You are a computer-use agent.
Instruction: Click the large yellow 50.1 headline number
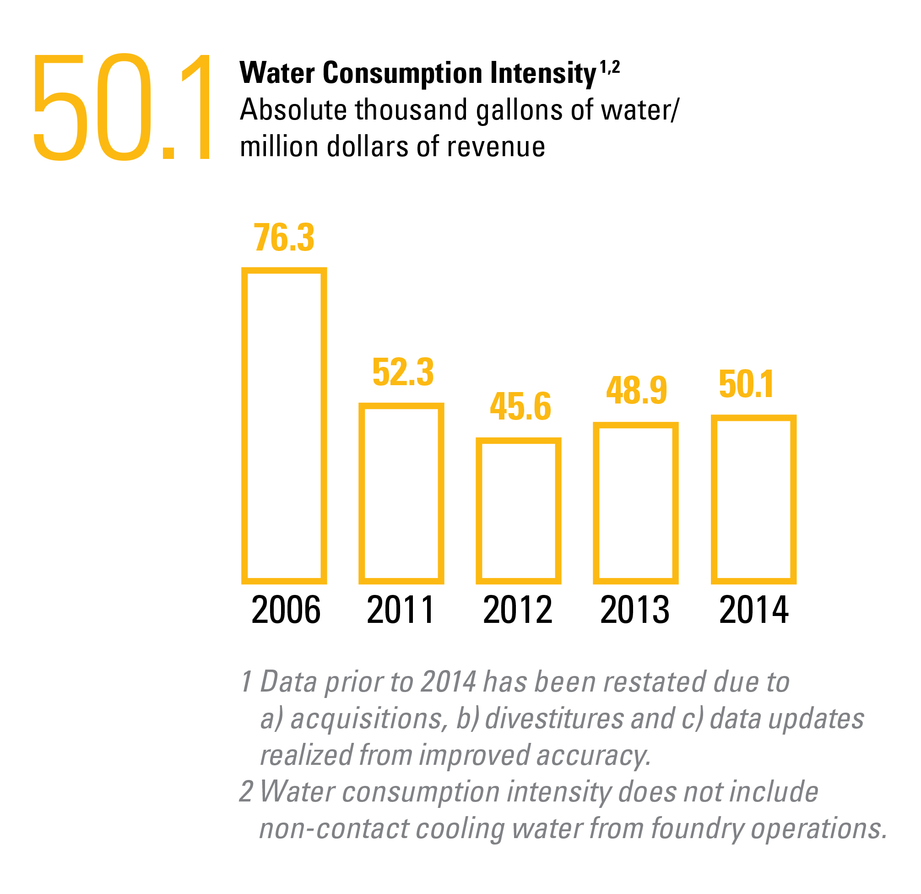tap(122, 107)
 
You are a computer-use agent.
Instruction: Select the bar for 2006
tap(284, 425)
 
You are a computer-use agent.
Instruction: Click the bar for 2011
tap(401, 493)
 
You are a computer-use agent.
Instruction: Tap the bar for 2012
tap(518, 511)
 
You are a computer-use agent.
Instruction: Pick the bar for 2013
tap(635, 502)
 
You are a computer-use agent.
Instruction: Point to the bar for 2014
tap(753, 499)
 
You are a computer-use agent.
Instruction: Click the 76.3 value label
tap(284, 238)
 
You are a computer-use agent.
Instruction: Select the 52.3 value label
tap(403, 373)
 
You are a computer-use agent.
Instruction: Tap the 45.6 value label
tap(520, 407)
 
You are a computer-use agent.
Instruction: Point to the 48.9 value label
tap(636, 391)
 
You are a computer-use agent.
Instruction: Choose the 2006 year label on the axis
tap(286, 610)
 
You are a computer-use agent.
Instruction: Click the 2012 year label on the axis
tap(517, 610)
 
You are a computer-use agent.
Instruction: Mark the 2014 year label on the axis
tap(754, 610)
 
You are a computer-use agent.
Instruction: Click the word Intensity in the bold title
tap(543, 73)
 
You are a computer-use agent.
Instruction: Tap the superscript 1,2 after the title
tap(610, 68)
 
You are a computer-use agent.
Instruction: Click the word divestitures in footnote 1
tap(554, 719)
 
